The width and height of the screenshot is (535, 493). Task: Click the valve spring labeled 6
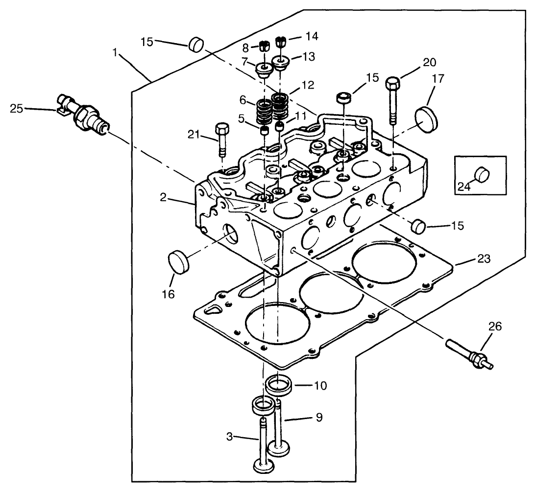click(264, 112)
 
